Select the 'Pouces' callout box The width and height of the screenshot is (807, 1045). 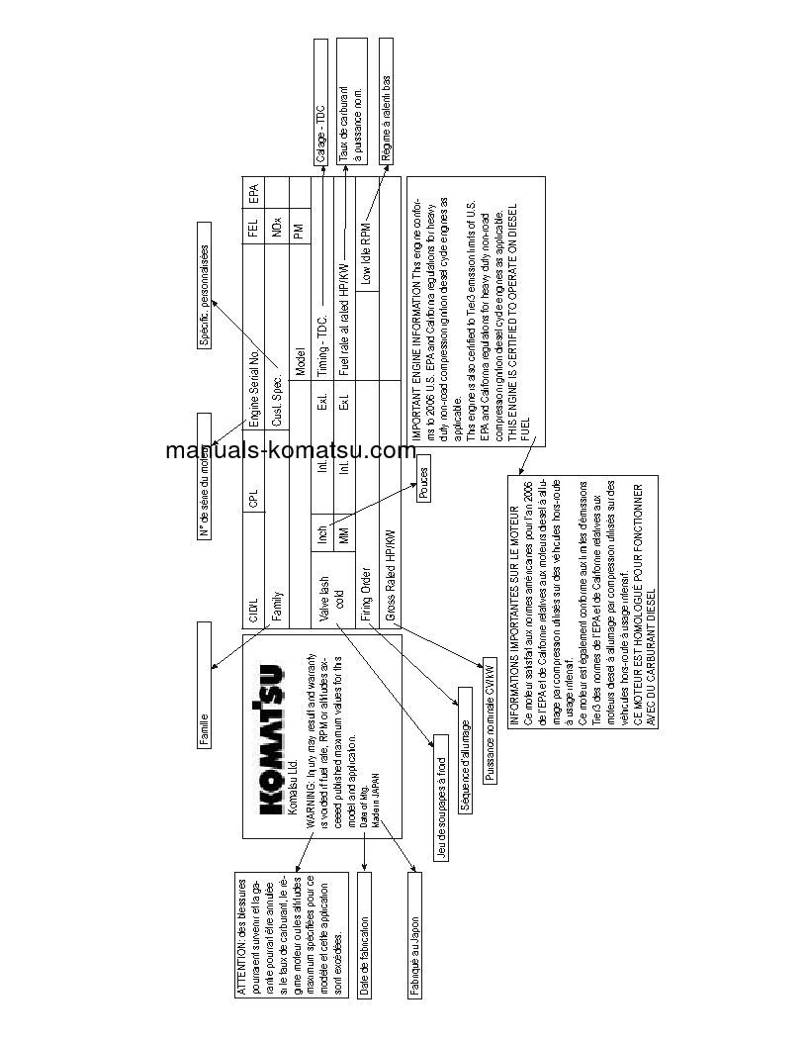tap(423, 486)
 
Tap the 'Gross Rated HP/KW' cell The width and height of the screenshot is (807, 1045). tap(391, 575)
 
